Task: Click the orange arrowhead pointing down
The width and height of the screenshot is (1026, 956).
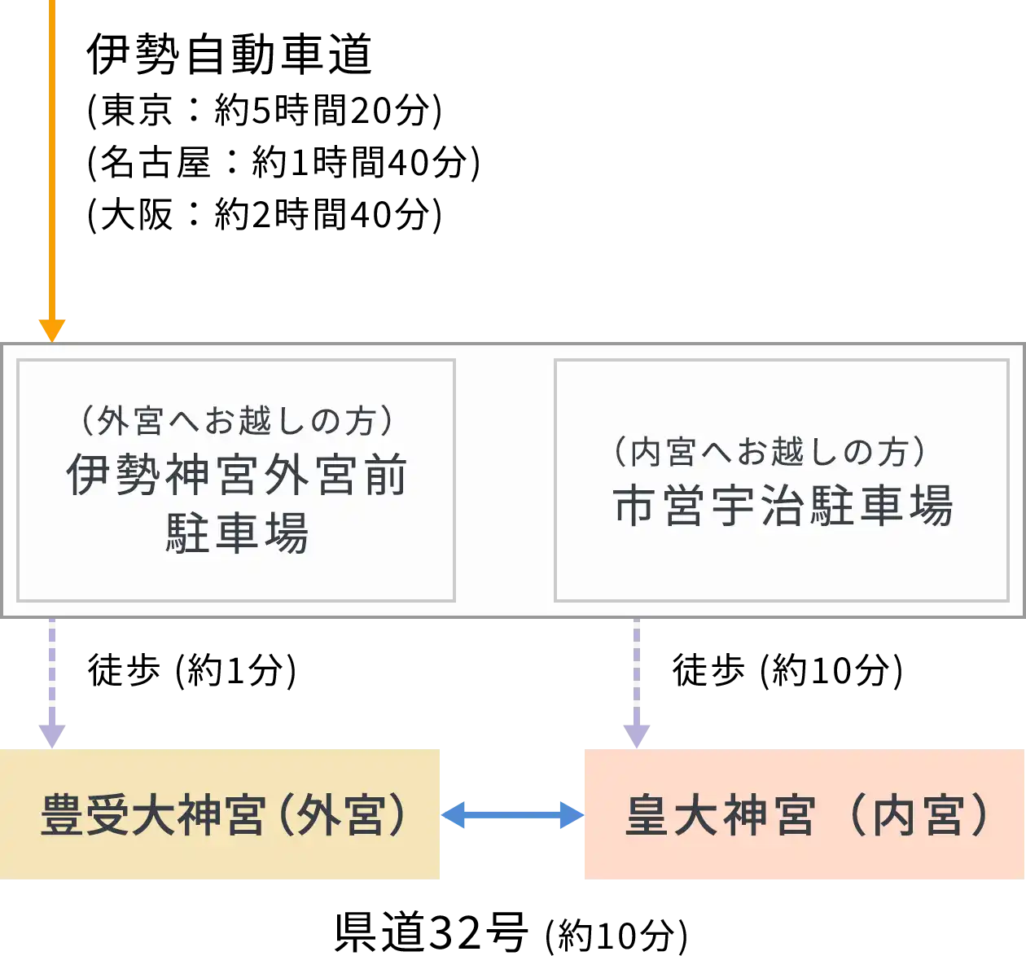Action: pos(52,331)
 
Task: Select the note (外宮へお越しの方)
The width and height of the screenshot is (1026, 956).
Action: pos(236,421)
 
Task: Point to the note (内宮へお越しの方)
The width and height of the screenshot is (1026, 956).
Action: pos(769,452)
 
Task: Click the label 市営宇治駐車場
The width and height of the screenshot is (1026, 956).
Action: pos(782,506)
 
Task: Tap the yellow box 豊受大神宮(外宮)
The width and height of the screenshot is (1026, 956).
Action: pos(221,814)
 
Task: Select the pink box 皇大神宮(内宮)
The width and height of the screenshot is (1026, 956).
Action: pos(802,814)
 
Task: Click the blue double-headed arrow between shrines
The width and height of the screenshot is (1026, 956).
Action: pos(513,814)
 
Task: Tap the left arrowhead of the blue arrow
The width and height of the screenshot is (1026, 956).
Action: pos(454,814)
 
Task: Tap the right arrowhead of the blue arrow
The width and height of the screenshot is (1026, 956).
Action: pos(571,814)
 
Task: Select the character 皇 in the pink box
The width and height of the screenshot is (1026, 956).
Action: pos(647,815)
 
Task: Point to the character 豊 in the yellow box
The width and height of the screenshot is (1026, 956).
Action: pos(63,815)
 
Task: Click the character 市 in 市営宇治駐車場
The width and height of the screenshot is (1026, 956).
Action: pos(635,506)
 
